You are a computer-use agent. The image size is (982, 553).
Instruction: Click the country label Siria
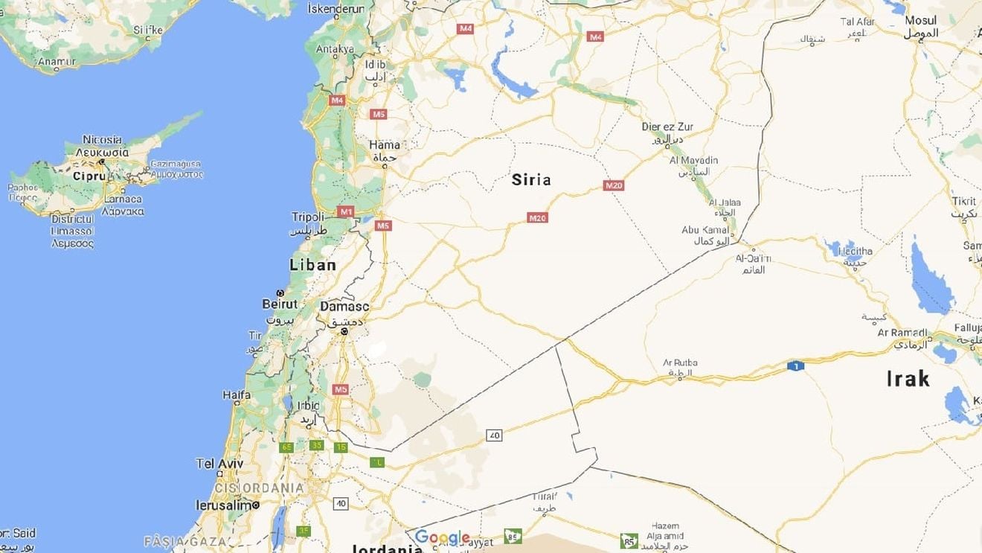coord(531,179)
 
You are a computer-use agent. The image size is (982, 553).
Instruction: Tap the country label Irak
coord(908,379)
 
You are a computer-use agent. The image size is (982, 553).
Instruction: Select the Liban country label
coord(312,265)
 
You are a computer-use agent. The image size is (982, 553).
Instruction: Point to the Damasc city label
coord(344,306)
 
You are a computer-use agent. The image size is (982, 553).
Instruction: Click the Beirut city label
coord(280,304)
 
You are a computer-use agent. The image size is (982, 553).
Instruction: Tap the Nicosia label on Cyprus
coord(103,139)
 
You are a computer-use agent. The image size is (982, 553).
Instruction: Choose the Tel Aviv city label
coord(219,463)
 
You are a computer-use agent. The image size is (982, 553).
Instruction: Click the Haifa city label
coord(237,395)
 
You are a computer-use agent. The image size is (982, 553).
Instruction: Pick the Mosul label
coord(920,21)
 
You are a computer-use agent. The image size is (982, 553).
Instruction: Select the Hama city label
coord(385,144)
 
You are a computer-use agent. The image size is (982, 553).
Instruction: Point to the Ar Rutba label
coord(680,362)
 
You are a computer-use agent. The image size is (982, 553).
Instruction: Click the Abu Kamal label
coord(704,230)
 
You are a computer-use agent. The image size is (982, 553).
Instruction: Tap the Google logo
coord(442,537)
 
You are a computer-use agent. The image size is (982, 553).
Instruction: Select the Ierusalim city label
coord(225,505)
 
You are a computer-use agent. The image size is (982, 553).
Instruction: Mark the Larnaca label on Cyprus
coord(122,199)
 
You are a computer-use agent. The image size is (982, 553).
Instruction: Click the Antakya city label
coord(335,49)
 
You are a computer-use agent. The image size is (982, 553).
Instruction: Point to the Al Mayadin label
coord(693,160)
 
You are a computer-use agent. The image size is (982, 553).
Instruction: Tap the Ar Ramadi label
coord(902,333)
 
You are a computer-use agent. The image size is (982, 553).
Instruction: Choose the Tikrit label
coord(963,202)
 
